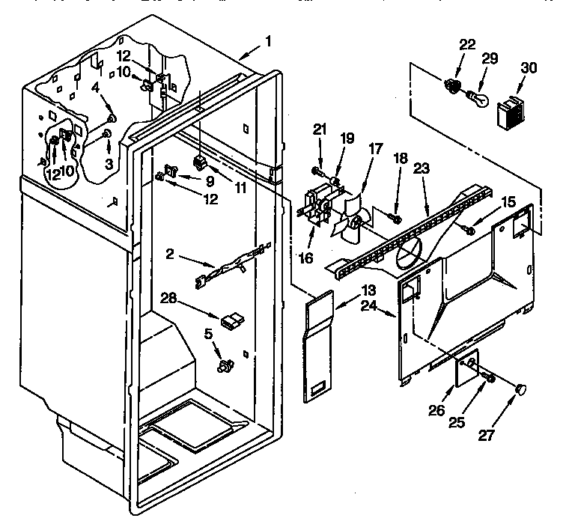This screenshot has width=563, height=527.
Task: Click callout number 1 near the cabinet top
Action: [x=268, y=43]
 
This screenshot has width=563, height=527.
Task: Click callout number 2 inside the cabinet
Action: [x=170, y=255]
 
